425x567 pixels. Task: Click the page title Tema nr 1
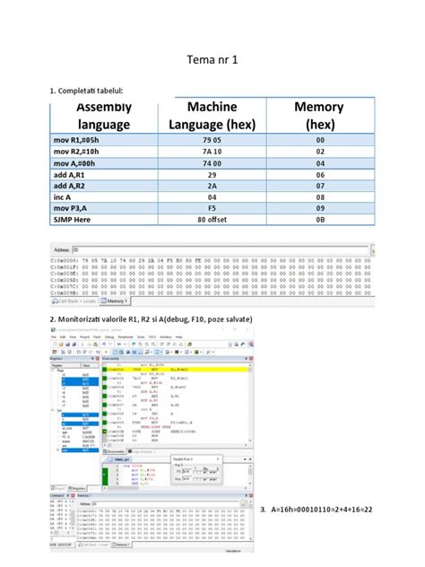(212, 61)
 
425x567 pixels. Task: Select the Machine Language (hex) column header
(212, 116)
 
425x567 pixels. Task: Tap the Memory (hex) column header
(319, 116)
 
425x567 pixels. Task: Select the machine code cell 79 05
(212, 140)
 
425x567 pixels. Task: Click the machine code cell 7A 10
(212, 153)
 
